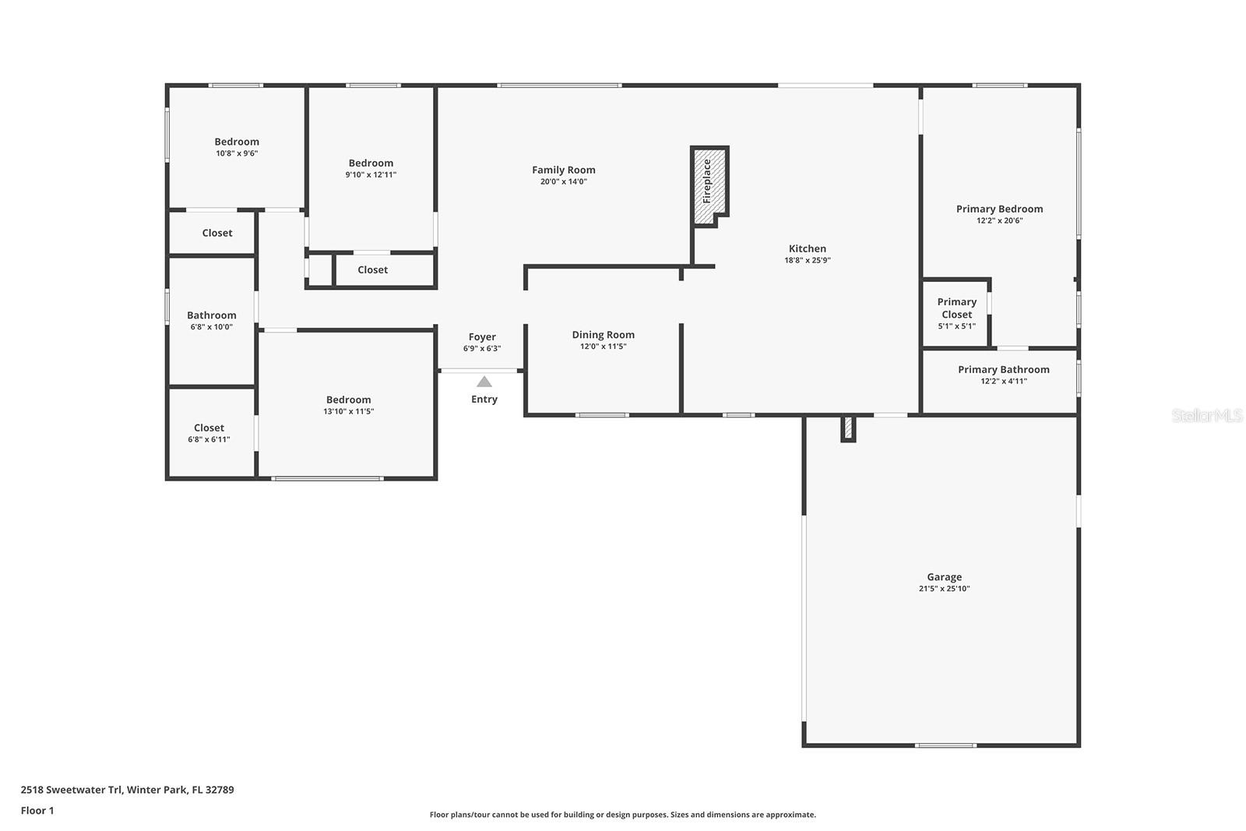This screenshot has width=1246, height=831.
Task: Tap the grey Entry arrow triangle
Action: [484, 382]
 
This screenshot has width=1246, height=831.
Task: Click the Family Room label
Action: [564, 170]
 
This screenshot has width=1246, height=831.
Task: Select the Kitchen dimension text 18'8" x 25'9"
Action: [808, 260]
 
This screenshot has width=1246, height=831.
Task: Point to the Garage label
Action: [944, 577]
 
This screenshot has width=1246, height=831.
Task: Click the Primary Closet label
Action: [956, 308]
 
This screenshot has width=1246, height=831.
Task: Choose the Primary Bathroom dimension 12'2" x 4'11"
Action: [1003, 382]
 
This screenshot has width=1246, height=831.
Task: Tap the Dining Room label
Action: [603, 335]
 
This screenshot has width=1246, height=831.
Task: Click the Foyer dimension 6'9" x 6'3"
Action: [482, 349]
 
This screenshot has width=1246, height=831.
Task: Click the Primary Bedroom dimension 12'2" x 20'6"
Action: [999, 221]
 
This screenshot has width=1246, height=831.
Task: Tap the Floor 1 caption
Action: [37, 811]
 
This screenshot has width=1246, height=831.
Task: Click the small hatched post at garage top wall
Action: [848, 428]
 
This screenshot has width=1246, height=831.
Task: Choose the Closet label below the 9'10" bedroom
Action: [372, 270]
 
